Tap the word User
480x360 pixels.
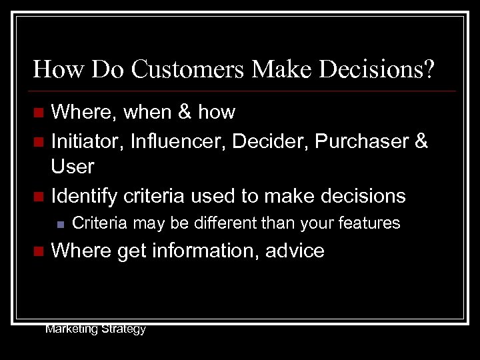click(73, 167)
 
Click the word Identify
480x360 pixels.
click(83, 195)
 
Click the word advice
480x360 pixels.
click(294, 251)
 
